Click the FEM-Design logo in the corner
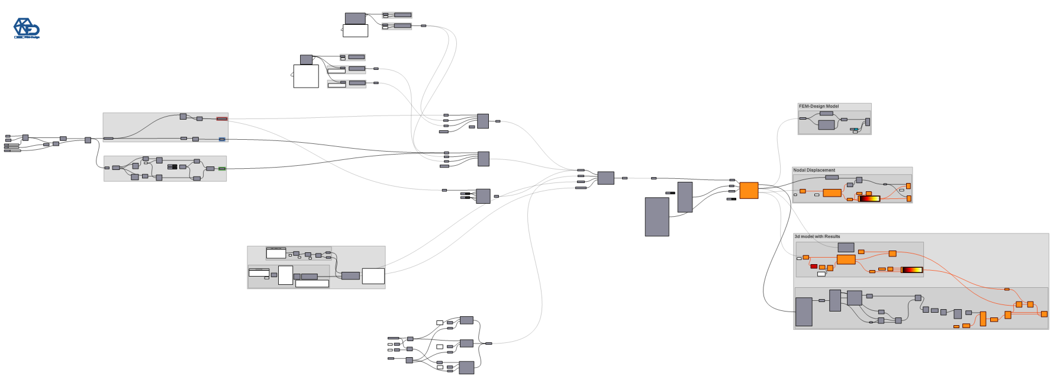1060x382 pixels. point(27,28)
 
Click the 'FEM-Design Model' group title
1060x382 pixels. point(819,107)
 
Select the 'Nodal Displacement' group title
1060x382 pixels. point(814,170)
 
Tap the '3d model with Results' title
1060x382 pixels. point(817,236)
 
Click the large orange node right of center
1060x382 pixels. point(749,190)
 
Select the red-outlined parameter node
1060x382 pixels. point(222,118)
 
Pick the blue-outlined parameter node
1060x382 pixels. point(222,139)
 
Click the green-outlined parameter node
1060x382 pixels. point(222,168)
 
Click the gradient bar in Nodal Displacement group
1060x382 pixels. point(869,198)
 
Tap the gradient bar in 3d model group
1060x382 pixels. point(911,270)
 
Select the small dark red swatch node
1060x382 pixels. point(814,267)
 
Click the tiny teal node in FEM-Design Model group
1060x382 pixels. point(856,129)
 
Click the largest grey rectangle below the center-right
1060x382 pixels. point(657,217)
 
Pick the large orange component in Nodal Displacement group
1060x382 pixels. point(832,192)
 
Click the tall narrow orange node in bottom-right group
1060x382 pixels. point(983,319)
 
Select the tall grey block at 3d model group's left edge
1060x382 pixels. point(804,312)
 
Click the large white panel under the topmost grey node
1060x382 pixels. point(356,30)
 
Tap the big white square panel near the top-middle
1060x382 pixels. point(306,76)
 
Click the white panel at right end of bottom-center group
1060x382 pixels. point(373,276)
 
